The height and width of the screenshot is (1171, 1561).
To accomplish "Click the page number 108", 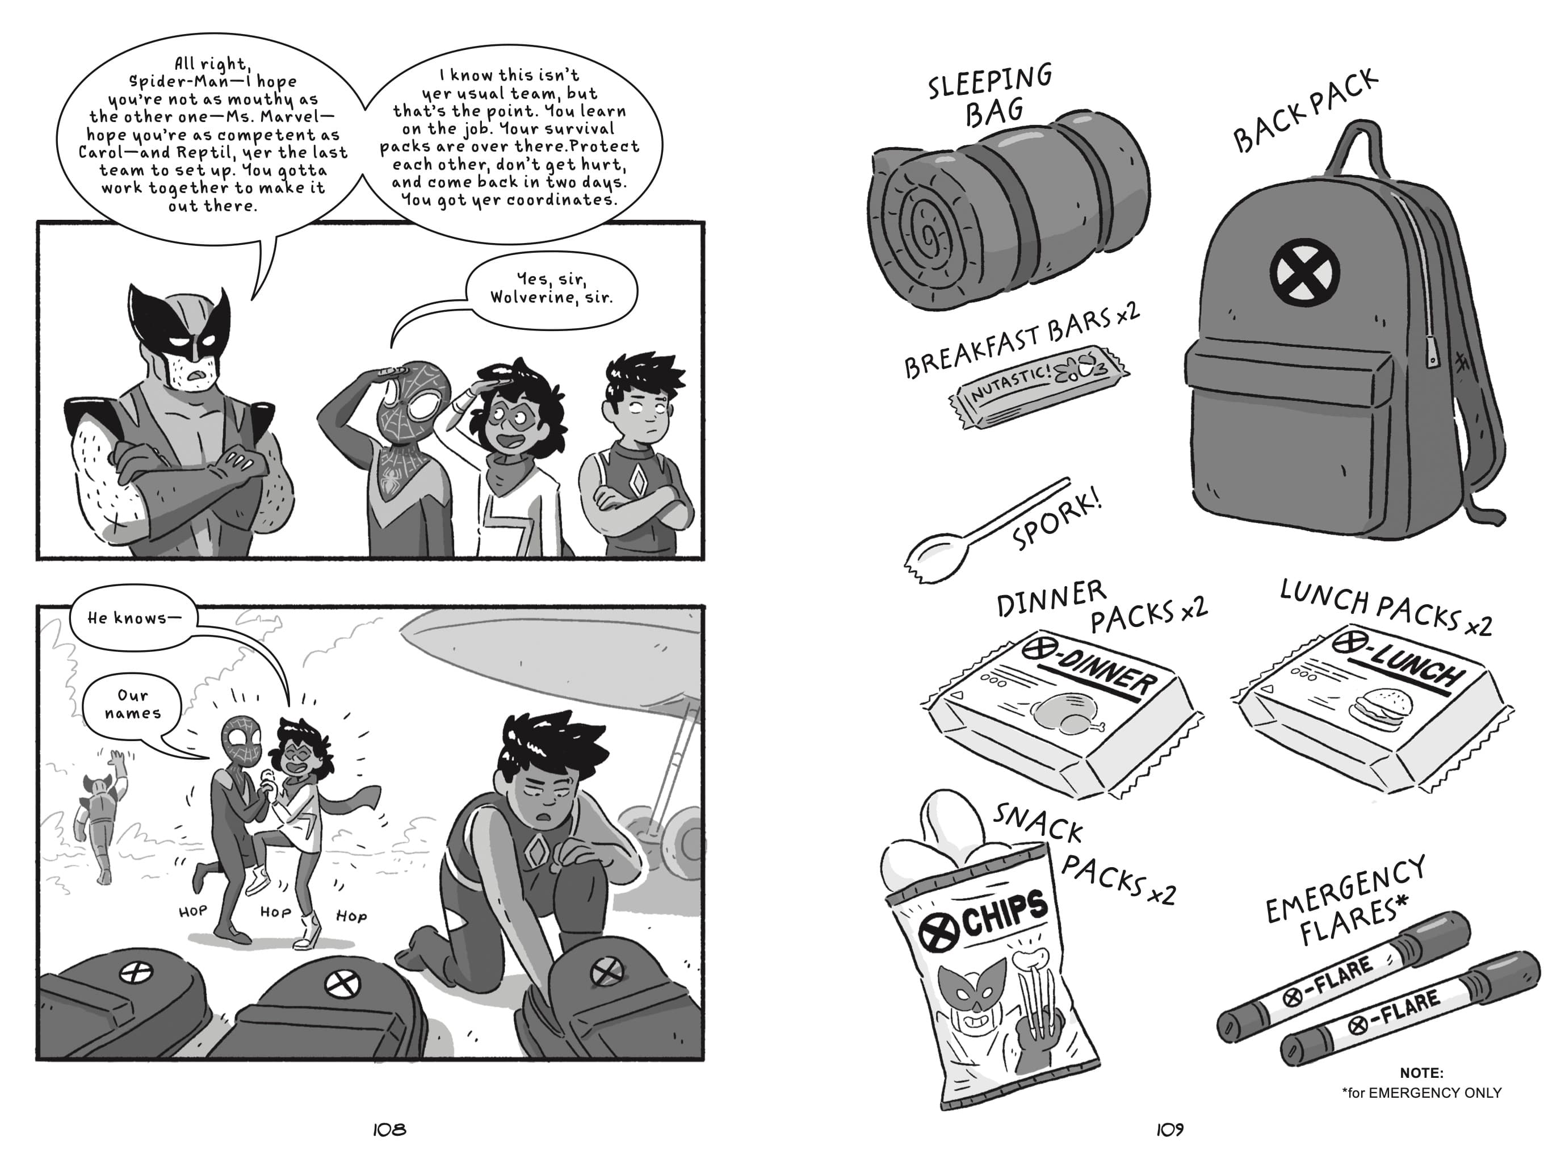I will [389, 1130].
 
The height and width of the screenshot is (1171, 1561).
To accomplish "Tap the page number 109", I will [1169, 1130].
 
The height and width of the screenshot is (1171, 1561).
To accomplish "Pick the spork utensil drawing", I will [981, 526].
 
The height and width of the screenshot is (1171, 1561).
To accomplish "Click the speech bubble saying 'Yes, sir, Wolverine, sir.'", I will [552, 288].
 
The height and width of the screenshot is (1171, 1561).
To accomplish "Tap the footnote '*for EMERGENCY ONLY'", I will [1421, 1093].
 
